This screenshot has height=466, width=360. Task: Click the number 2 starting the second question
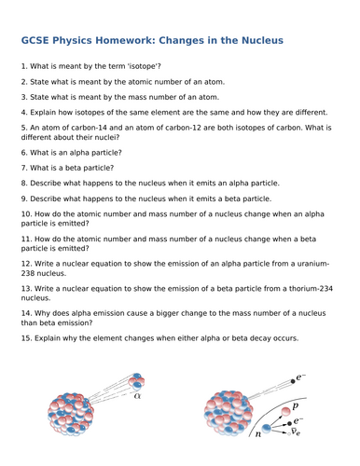[21, 82]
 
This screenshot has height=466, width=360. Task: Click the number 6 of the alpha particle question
[21, 152]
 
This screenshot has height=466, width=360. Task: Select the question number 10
[24, 214]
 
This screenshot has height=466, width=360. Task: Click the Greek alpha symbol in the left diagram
[138, 395]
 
